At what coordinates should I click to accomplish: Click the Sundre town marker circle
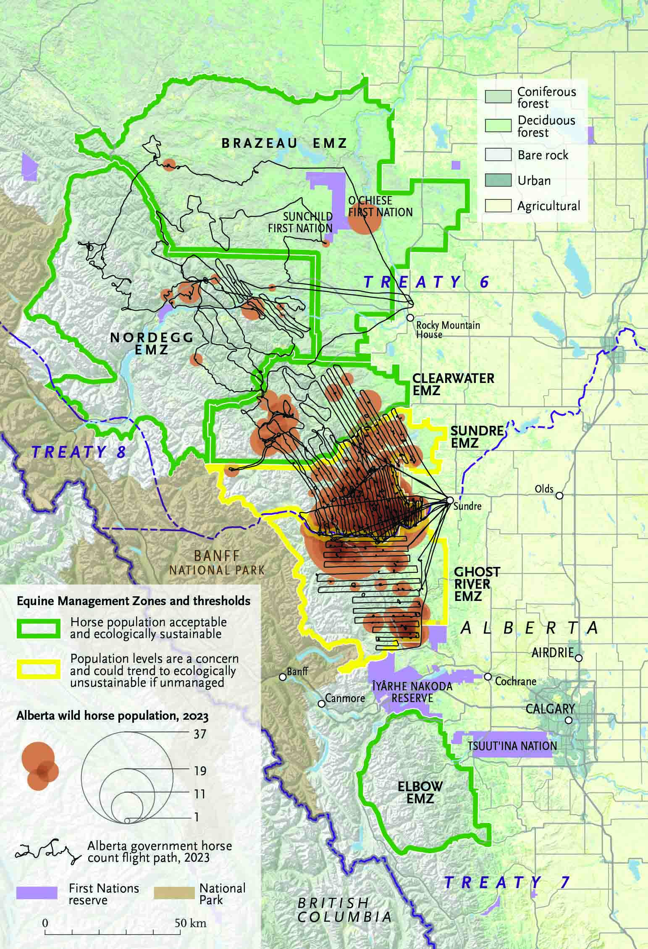coord(449,501)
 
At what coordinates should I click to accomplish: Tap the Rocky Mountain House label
coord(448,330)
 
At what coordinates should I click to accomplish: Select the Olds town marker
coord(559,496)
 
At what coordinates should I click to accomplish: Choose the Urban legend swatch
coord(498,181)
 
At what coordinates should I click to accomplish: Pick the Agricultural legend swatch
coord(498,206)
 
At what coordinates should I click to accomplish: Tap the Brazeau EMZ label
coord(284,143)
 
